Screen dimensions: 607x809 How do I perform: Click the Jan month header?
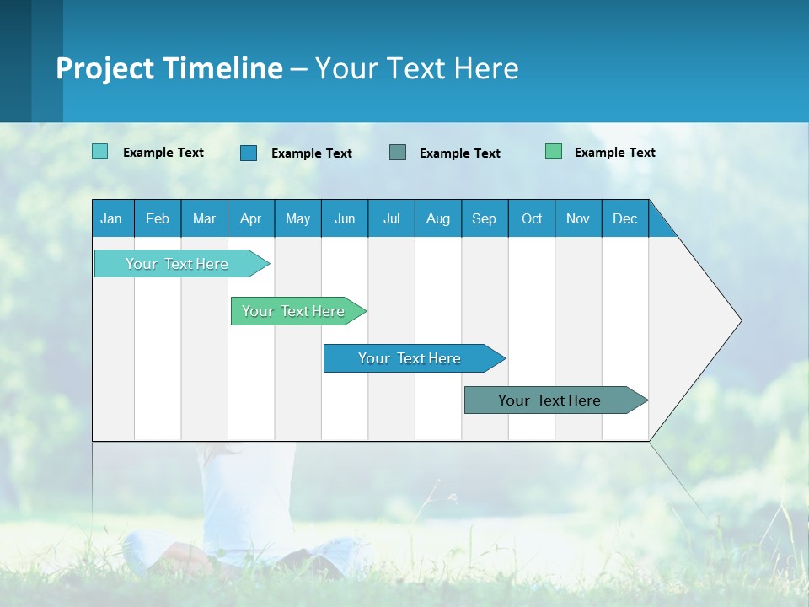(112, 218)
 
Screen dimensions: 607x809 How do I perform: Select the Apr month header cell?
(251, 218)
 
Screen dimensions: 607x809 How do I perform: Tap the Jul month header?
(391, 218)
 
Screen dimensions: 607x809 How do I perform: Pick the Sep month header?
(485, 218)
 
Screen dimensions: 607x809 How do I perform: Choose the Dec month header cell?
(624, 218)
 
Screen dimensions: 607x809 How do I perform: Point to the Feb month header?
(158, 218)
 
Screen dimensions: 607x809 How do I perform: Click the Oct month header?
(532, 218)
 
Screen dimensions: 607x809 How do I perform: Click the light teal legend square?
(99, 152)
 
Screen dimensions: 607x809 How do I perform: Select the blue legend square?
(249, 153)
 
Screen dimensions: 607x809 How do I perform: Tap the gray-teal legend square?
(398, 152)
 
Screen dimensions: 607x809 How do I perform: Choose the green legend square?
(554, 152)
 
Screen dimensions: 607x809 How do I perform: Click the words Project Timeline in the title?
(169, 68)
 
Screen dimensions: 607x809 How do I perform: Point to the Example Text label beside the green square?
(614, 153)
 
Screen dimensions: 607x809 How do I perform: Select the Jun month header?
(345, 218)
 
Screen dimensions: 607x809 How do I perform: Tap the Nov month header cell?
(578, 218)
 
